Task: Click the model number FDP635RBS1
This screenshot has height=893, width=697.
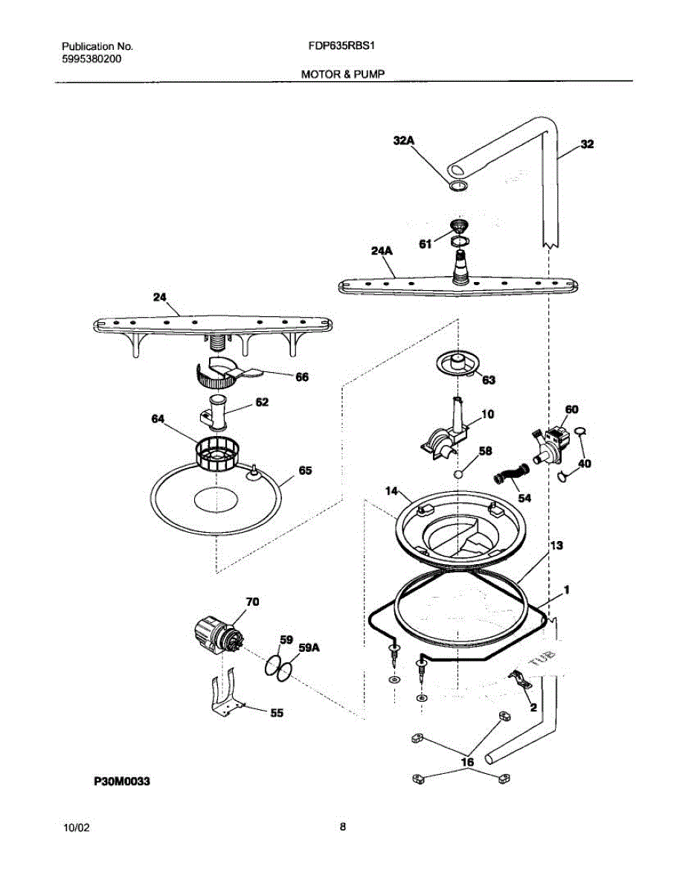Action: point(341,46)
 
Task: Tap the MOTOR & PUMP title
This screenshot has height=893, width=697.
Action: point(343,74)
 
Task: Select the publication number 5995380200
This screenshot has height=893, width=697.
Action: point(91,60)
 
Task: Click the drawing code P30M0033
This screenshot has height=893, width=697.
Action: point(122,781)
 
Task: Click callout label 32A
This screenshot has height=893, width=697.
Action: point(404,141)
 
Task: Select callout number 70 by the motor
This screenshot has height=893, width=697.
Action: point(252,601)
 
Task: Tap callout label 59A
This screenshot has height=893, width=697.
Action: point(309,648)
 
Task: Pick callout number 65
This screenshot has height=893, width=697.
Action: point(305,470)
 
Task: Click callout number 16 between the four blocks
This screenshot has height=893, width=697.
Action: point(467,762)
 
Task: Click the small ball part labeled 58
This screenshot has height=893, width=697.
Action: point(458,474)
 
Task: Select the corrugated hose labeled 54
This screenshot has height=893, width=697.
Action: point(511,475)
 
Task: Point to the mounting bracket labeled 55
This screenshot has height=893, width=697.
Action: point(225,694)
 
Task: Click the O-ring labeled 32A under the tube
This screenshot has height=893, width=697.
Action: point(458,186)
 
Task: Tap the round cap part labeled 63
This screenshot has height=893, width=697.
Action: point(458,364)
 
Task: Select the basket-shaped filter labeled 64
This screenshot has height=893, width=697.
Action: point(217,454)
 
